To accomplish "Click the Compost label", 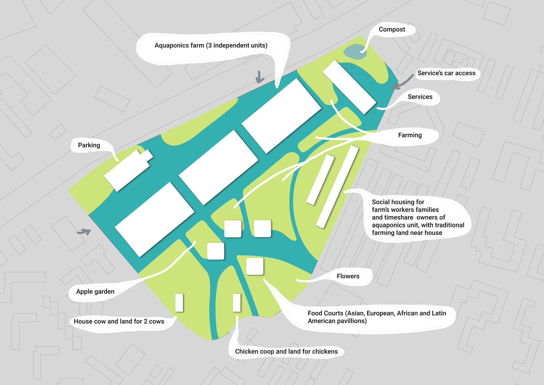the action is (392, 29).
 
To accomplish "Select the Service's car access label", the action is (446, 73).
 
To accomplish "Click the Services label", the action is (420, 97).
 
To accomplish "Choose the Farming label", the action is (410, 135).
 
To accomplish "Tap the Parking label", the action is (89, 145).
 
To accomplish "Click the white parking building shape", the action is (128, 170).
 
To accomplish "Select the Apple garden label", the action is (95, 292).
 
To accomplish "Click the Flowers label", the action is (348, 276).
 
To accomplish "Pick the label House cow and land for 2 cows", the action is (119, 321).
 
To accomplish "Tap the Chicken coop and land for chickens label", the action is (286, 352).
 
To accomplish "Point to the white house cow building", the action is (179, 302).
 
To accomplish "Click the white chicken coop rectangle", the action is (237, 302).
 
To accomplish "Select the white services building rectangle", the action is (350, 87).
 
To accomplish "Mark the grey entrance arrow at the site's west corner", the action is (84, 232).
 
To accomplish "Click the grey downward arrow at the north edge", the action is (259, 77).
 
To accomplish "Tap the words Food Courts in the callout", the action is (325, 313).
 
